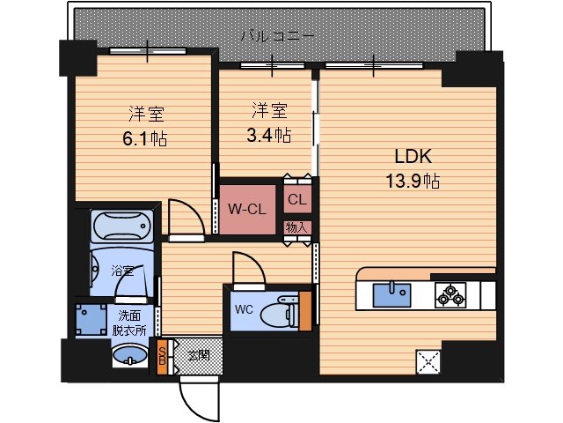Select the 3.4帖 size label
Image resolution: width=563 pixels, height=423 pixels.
[x=270, y=135]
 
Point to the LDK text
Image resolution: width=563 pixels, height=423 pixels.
[x=412, y=159]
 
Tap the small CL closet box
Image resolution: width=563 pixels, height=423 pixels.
[x=296, y=199]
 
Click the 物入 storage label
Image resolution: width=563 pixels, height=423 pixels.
[x=296, y=227]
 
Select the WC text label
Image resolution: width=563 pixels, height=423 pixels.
[x=244, y=309]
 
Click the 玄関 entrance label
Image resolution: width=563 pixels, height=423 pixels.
[x=199, y=355]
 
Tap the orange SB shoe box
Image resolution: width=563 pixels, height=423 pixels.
[x=162, y=357]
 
